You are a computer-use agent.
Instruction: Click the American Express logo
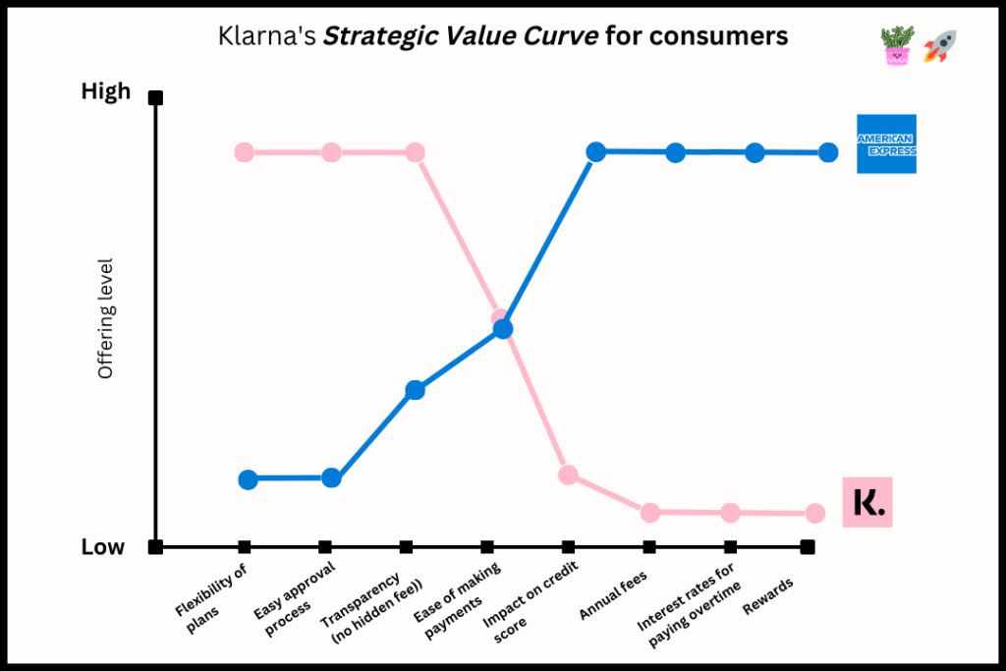[x=886, y=143]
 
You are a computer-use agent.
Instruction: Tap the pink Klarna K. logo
[x=867, y=502]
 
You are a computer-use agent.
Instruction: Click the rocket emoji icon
[x=940, y=46]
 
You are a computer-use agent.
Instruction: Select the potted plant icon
[x=897, y=46]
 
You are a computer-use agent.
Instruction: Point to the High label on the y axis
[x=105, y=91]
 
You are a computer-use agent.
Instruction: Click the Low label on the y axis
[x=103, y=547]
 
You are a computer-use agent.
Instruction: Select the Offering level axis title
[x=106, y=318]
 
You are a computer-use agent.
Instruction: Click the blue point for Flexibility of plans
[x=248, y=479]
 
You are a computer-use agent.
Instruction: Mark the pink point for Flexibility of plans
[x=245, y=152]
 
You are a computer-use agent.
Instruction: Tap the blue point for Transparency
[x=415, y=390]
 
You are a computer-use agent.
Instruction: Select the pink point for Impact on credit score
[x=568, y=475]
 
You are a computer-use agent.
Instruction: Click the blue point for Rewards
[x=828, y=152]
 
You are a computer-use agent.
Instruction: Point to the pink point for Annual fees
[x=649, y=512]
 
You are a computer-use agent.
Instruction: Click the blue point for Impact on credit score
[x=595, y=151]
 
